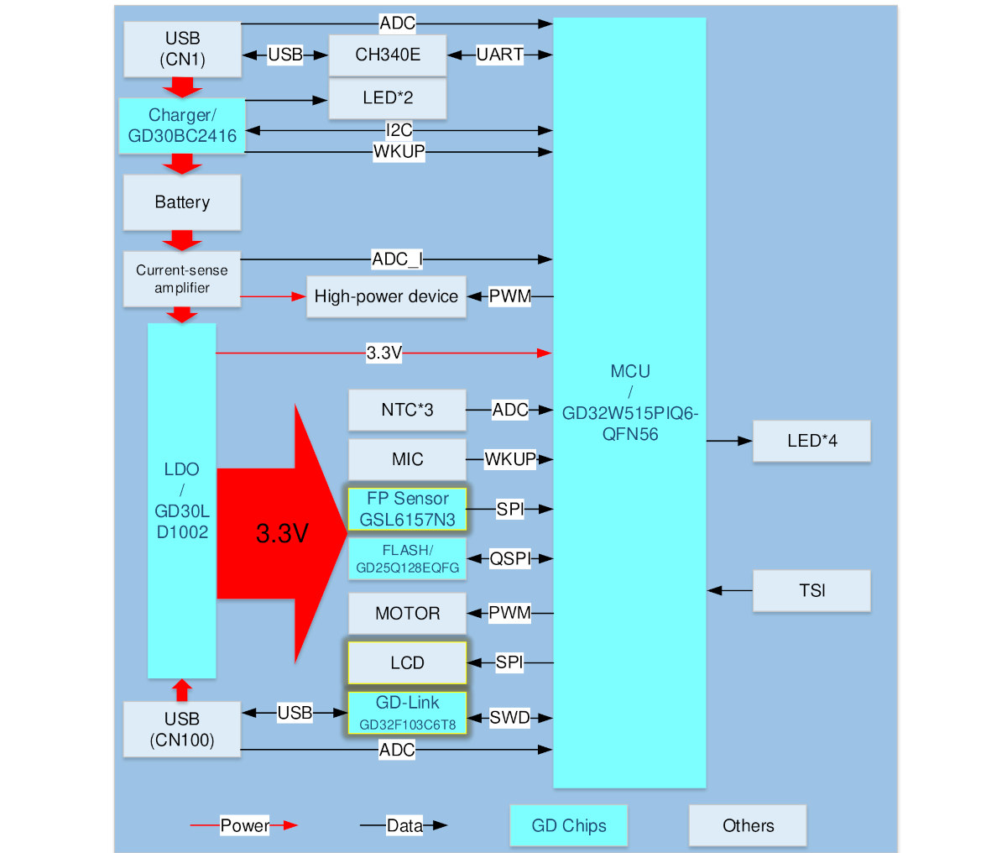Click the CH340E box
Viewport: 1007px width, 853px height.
(x=388, y=55)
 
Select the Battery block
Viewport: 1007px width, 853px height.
(x=182, y=202)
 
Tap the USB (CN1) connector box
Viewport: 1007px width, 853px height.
(x=182, y=49)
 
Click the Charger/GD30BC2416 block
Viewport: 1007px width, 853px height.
(x=182, y=126)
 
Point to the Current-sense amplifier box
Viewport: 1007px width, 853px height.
(x=182, y=279)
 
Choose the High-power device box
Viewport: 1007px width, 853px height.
(x=386, y=297)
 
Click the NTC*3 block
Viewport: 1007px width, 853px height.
(x=407, y=410)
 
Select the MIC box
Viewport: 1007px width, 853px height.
(x=407, y=459)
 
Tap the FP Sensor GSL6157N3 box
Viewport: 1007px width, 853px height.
(x=407, y=509)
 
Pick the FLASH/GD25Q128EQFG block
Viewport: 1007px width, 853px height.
(x=407, y=558)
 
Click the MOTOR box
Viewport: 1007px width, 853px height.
(x=407, y=613)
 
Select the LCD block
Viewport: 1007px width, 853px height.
(x=407, y=663)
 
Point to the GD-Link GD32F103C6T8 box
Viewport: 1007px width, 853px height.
(x=407, y=713)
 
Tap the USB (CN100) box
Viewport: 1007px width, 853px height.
(x=182, y=730)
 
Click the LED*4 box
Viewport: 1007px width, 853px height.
(x=811, y=441)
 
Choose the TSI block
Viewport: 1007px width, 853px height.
(x=811, y=591)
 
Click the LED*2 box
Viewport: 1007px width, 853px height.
(x=388, y=98)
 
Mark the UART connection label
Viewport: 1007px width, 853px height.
(x=500, y=55)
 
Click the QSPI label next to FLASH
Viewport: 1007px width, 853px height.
(x=510, y=558)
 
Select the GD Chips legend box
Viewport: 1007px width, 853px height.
(x=569, y=825)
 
